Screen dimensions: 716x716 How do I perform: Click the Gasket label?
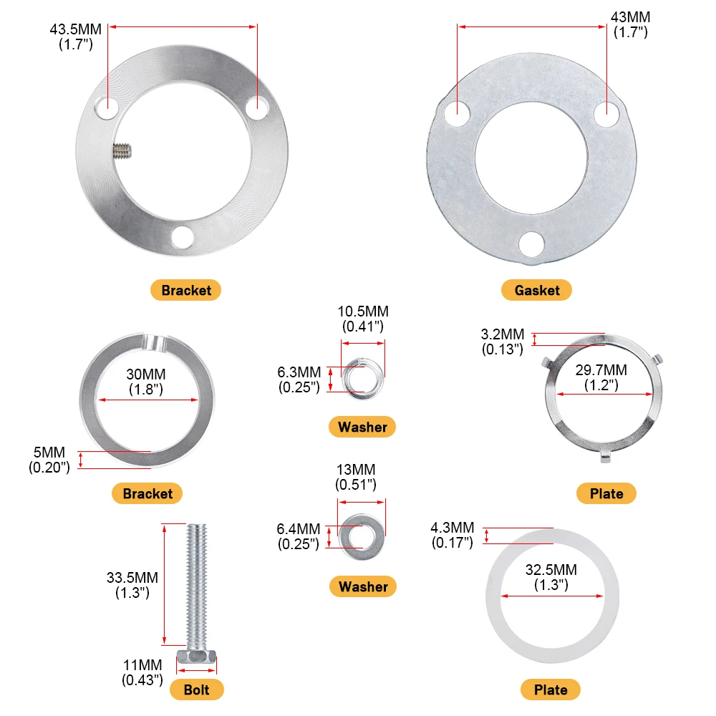click(537, 290)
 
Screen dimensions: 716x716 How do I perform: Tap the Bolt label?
click(197, 690)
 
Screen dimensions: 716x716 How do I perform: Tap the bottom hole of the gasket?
click(531, 243)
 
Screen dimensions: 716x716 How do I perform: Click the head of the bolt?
click(196, 657)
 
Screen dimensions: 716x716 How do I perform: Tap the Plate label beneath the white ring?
click(551, 690)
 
